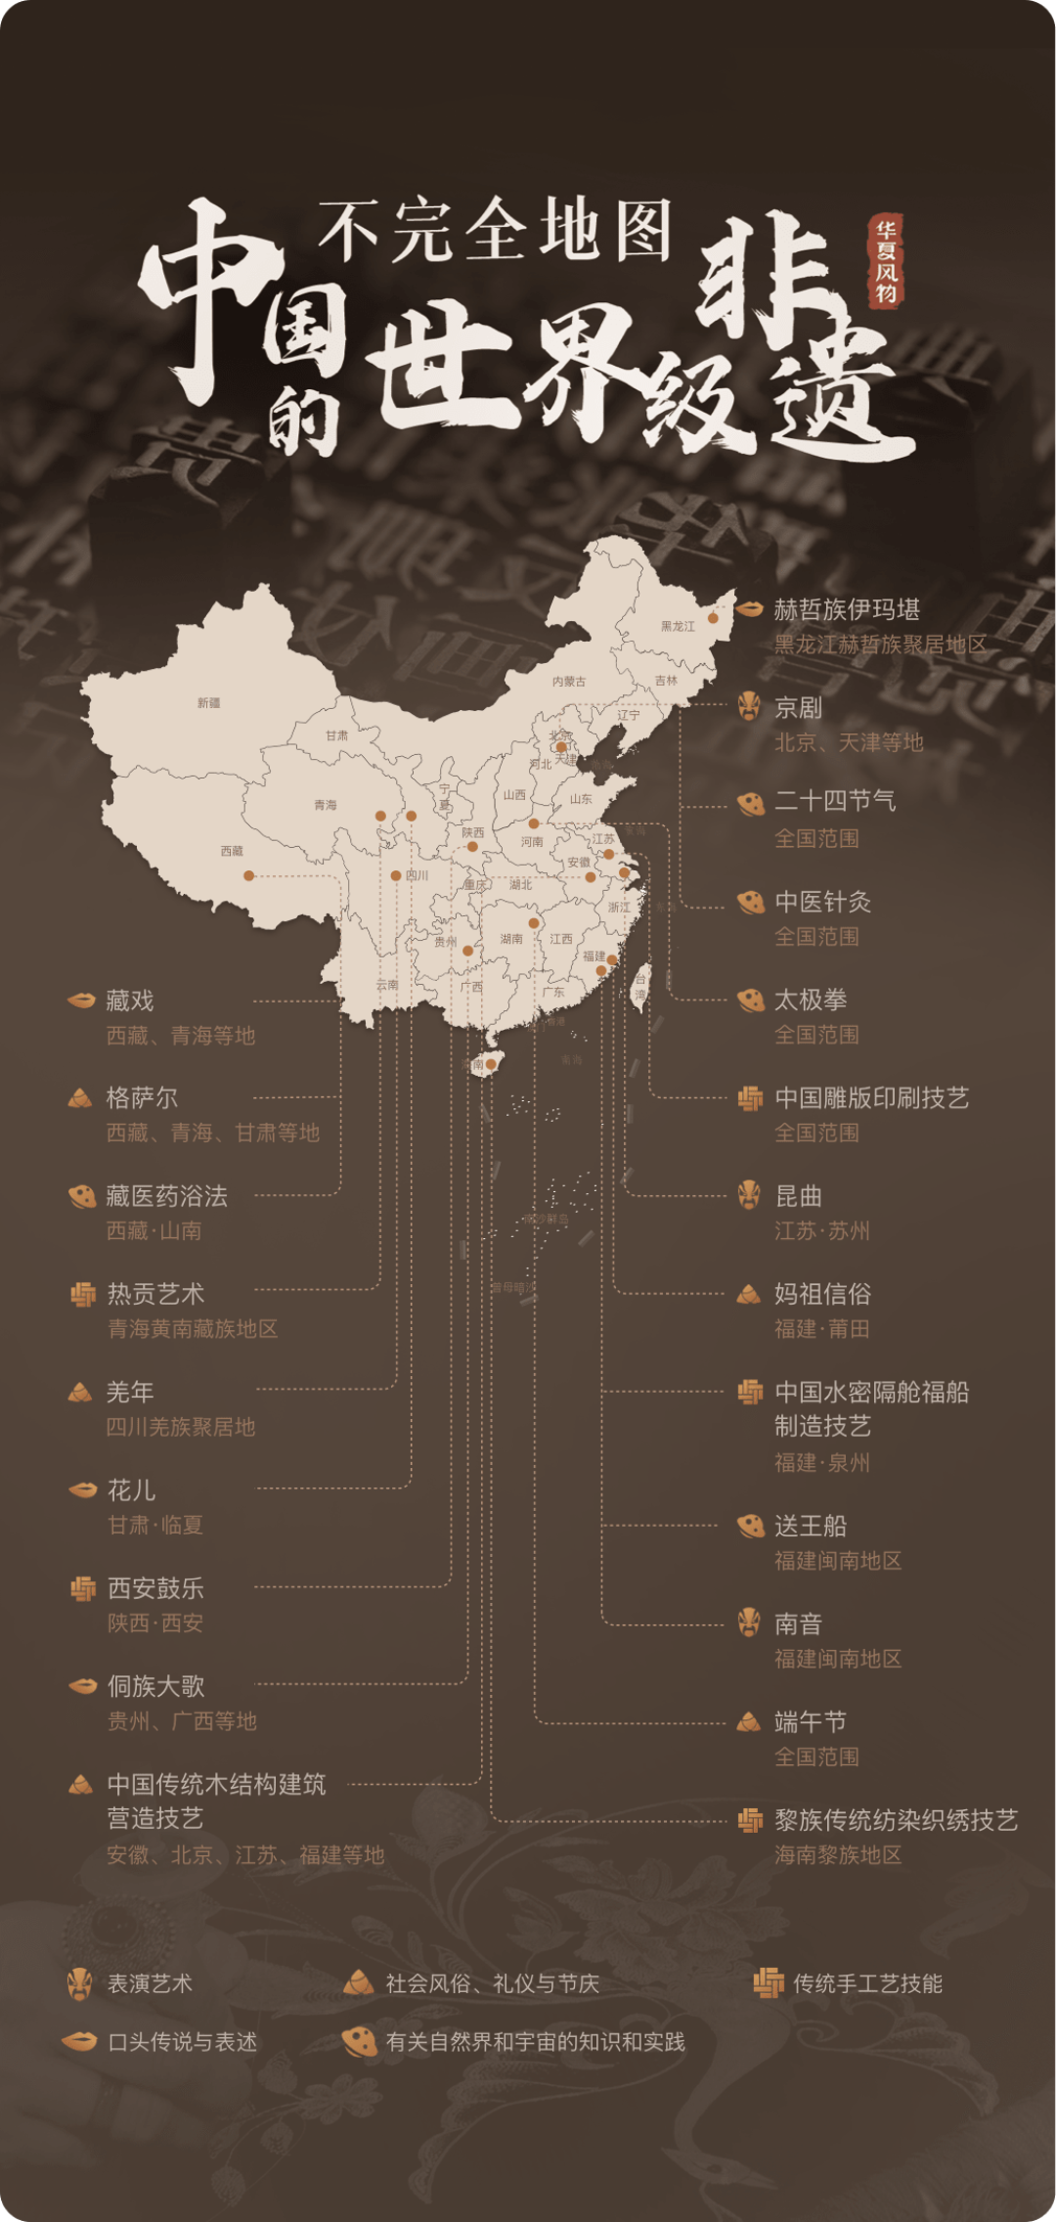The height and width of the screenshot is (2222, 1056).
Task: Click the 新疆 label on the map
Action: click(x=208, y=703)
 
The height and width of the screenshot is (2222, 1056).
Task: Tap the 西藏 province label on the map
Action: click(x=232, y=851)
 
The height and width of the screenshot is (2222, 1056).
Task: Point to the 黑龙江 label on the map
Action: click(x=678, y=626)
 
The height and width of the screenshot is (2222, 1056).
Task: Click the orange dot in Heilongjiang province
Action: click(x=714, y=618)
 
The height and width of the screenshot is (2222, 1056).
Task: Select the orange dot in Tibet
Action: click(x=249, y=875)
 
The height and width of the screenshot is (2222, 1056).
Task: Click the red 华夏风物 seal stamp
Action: click(x=886, y=260)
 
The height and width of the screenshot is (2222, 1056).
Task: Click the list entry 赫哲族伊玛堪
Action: click(x=847, y=610)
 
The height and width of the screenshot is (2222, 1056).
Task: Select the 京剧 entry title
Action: click(x=798, y=707)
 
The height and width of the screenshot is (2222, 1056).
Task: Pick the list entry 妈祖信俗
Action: click(x=822, y=1294)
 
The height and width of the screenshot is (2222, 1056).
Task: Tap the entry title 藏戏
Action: click(x=130, y=1000)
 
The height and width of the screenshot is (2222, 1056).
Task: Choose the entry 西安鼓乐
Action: click(x=155, y=1588)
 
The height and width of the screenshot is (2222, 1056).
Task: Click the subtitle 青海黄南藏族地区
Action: click(x=193, y=1329)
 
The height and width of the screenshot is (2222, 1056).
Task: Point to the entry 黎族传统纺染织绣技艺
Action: click(x=896, y=1820)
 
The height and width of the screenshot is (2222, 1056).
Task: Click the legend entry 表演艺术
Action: click(x=150, y=1983)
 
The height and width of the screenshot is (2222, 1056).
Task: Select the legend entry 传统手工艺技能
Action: click(x=867, y=1983)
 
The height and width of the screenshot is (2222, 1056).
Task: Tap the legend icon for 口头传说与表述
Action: click(x=80, y=2041)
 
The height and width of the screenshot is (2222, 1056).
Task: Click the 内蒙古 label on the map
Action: click(x=569, y=682)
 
